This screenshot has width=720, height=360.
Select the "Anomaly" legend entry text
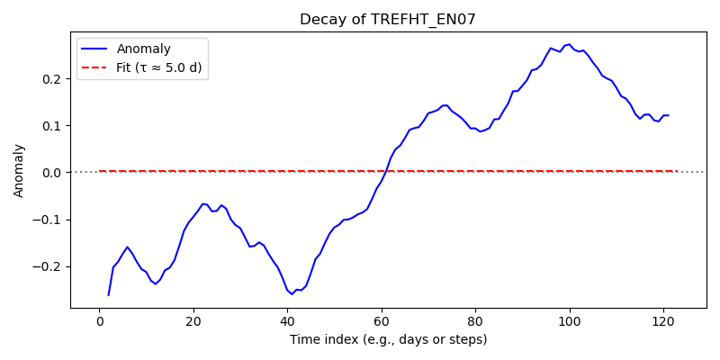[x=144, y=49]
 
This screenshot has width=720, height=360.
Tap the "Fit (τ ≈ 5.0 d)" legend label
[x=159, y=69]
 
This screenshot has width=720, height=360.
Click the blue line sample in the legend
[x=94, y=49]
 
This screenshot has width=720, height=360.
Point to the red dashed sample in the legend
[x=94, y=69]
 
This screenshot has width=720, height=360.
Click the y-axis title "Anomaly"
[x=18, y=171]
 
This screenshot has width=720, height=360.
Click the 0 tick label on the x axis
[x=99, y=320]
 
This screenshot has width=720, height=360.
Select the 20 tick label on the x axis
[x=193, y=320]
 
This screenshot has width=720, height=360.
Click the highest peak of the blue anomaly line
[x=570, y=44]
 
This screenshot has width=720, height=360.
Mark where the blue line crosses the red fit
[x=386, y=171]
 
